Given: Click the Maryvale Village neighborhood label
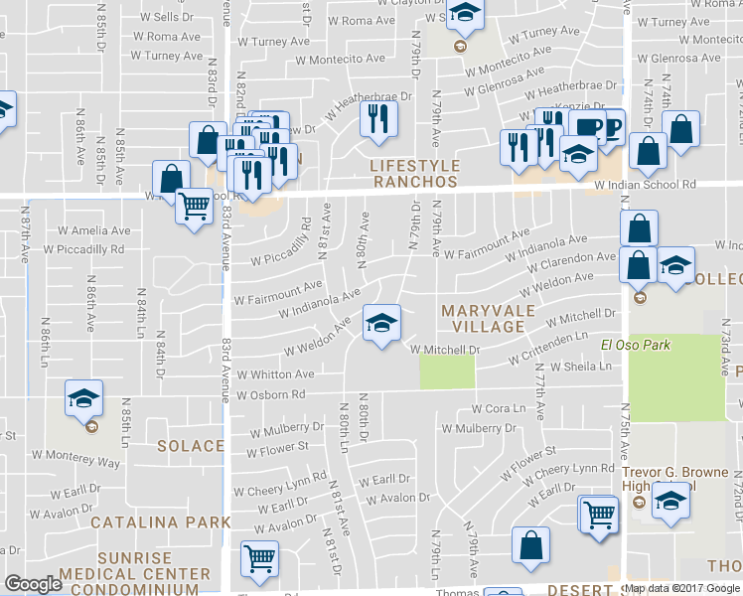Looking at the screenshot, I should (x=482, y=318).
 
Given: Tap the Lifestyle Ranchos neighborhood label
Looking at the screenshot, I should (x=414, y=174).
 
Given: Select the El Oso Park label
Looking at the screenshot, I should (x=635, y=345).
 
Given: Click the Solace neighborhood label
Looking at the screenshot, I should (x=191, y=447).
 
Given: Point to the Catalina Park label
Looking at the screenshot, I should (x=175, y=521).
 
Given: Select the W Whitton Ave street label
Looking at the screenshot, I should (x=275, y=374).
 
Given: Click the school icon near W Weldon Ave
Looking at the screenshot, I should (x=381, y=324).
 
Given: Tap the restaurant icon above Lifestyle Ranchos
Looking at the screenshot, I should (x=378, y=119).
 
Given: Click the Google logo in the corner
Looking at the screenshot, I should (x=33, y=584).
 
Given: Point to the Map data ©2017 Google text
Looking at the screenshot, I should (x=682, y=588).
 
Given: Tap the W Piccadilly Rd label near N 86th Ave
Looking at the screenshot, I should (x=87, y=249).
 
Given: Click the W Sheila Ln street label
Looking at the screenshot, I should (x=573, y=367).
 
